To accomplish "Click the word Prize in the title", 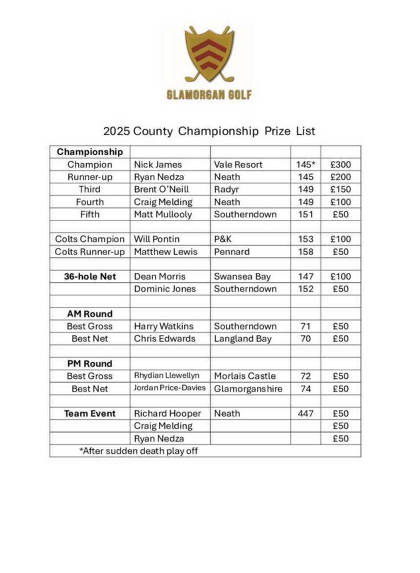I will (x=276, y=131).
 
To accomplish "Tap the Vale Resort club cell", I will (x=238, y=164).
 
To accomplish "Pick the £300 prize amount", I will (x=340, y=164).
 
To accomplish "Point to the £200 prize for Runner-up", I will (x=340, y=177).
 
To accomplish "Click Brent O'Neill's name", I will (x=159, y=189).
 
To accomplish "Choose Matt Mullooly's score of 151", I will (x=306, y=214).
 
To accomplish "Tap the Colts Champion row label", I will (x=89, y=239).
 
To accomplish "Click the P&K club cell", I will (x=223, y=239).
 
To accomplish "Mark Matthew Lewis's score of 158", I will (x=306, y=252).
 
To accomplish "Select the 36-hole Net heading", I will (x=89, y=277).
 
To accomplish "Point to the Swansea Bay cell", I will (x=240, y=277).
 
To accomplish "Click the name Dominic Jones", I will (x=165, y=289).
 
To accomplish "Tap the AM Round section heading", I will (x=89, y=314).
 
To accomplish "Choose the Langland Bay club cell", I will (x=243, y=339).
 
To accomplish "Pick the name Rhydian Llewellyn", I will (x=167, y=376).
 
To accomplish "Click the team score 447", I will (x=306, y=413).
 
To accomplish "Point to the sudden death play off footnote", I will (x=139, y=451).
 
